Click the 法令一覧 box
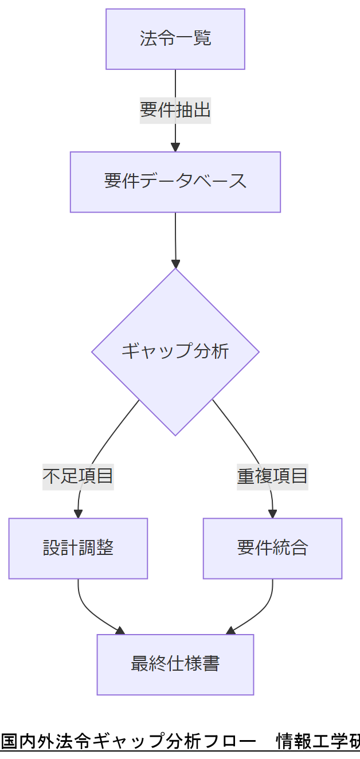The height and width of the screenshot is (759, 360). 175,39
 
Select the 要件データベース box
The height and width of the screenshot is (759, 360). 175,182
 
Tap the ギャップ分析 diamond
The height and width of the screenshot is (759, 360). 175,351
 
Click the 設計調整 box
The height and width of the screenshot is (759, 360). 78,549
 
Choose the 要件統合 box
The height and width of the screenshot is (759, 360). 272,549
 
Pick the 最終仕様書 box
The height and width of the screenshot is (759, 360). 175,664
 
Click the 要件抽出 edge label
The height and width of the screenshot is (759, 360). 175,109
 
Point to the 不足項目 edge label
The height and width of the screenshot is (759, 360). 78,476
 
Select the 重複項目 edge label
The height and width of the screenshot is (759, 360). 272,476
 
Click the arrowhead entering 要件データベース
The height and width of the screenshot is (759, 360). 175,147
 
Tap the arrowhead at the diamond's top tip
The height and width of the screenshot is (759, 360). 175,264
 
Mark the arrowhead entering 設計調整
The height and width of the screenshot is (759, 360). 78,514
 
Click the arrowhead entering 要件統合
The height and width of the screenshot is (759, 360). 272,514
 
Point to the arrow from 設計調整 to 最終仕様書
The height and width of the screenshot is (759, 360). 92,613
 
